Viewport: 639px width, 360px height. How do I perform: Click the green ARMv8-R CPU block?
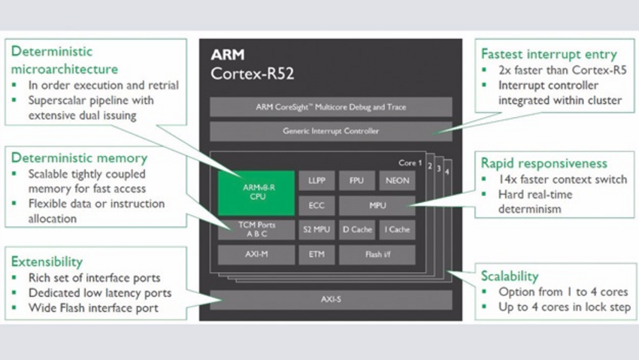coord(256,193)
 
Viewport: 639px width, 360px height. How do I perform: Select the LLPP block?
coord(316,181)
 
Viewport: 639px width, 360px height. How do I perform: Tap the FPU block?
coord(356,181)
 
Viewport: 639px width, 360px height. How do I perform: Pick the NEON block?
coord(396,181)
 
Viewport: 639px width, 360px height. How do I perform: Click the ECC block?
coord(316,205)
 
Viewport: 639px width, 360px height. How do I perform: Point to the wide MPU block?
coord(377,205)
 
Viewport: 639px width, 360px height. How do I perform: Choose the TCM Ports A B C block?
coord(256,229)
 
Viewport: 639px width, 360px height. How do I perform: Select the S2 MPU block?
coord(316,229)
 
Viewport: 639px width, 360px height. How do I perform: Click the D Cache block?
coord(356,229)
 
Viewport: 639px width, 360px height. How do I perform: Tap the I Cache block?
coord(396,229)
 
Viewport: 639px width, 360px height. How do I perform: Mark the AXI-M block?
coord(256,254)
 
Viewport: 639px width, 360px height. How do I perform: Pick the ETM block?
coord(316,254)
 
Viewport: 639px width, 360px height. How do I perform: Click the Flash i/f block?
coord(377,254)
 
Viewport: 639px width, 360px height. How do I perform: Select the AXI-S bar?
coord(331,299)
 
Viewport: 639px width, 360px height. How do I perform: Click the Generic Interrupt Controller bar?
coord(331,131)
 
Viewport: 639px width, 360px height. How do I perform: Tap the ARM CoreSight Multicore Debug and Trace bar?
coord(331,107)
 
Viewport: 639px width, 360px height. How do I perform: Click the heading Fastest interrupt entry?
coord(549,54)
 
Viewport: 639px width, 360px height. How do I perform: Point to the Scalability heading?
coord(510,276)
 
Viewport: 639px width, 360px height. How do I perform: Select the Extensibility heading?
coord(47,262)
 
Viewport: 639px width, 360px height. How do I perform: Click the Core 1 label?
coord(410,162)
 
